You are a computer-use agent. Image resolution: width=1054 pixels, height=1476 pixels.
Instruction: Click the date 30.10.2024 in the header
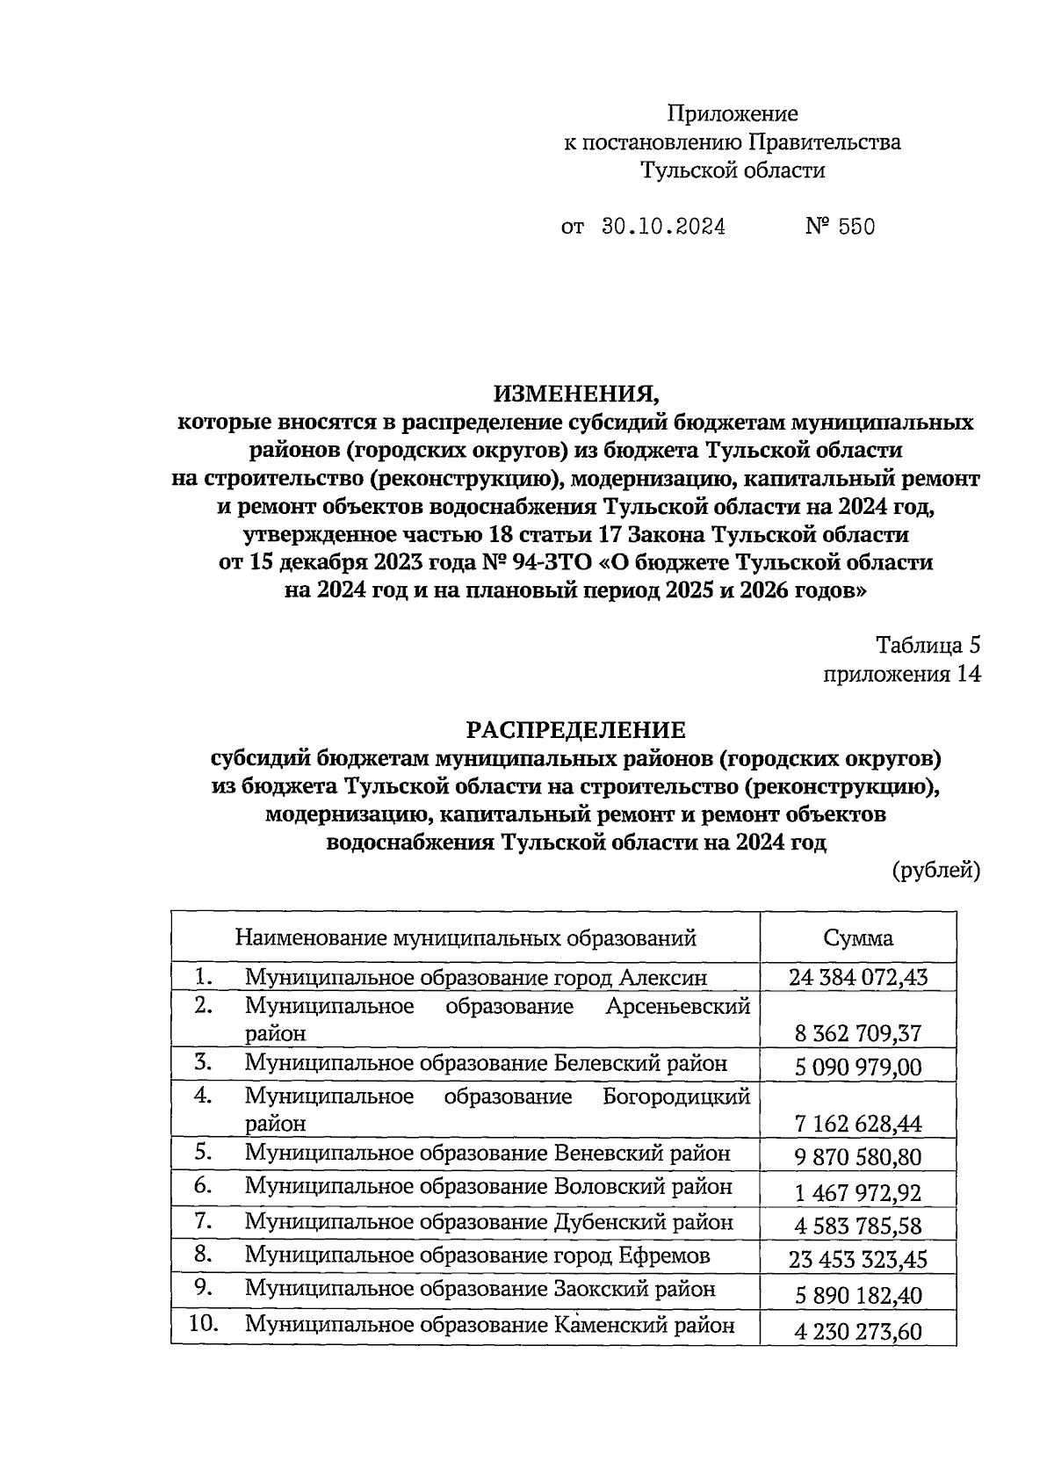[x=663, y=227]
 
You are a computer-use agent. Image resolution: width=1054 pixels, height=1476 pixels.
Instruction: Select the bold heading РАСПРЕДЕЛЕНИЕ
[x=575, y=730]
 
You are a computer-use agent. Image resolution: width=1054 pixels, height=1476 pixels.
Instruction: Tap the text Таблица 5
[x=928, y=646]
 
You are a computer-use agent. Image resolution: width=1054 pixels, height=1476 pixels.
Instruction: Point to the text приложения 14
[x=901, y=674]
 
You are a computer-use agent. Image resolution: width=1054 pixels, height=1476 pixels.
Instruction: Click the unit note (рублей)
[x=936, y=870]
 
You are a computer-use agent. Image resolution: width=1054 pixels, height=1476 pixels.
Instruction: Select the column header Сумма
[x=858, y=937]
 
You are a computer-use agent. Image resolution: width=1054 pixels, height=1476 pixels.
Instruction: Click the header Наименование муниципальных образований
[x=466, y=937]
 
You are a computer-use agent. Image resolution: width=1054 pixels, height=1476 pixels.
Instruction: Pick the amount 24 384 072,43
[x=858, y=977]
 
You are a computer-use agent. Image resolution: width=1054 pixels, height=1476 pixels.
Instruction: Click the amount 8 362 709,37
[x=858, y=1033]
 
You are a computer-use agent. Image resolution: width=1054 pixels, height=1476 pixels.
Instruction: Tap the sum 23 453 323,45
[x=858, y=1261]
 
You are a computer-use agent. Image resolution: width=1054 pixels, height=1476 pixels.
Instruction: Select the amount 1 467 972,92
[x=858, y=1193]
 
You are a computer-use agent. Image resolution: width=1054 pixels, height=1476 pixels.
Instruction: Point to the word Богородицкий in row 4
[x=676, y=1096]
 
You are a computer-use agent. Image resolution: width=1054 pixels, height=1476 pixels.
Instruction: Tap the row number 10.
[x=204, y=1323]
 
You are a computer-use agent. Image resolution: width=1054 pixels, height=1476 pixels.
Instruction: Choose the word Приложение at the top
[x=733, y=113]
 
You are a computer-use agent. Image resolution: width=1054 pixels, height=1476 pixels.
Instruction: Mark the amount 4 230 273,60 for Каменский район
[x=858, y=1332]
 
